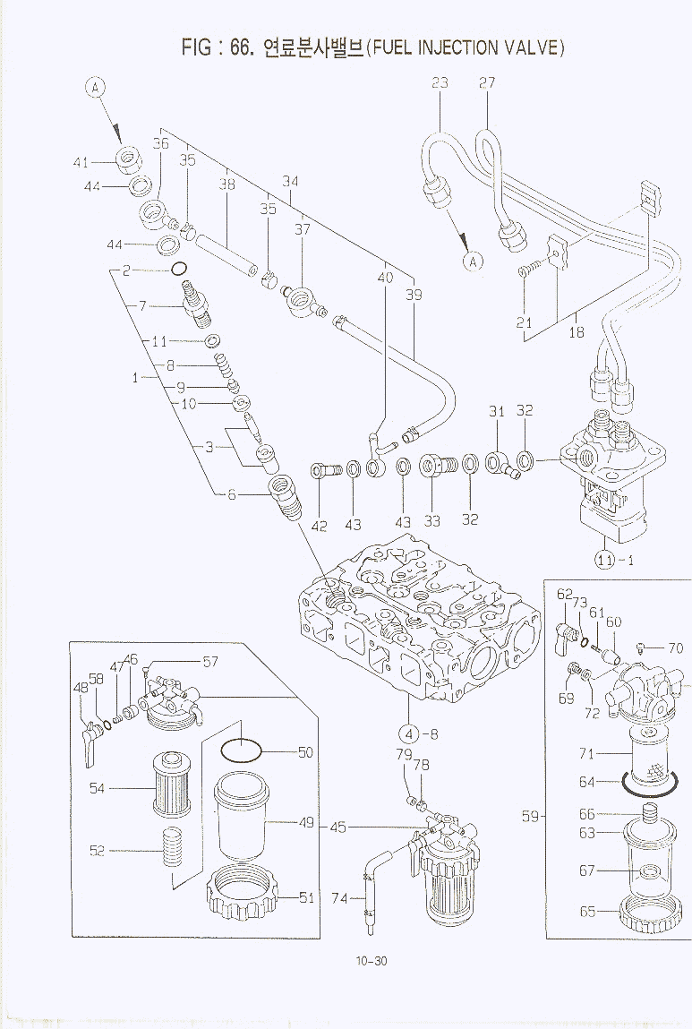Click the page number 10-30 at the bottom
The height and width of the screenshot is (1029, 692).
pyautogui.click(x=372, y=962)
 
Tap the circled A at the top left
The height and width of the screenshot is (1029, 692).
pyautogui.click(x=96, y=87)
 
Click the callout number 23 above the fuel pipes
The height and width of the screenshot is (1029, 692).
pyautogui.click(x=440, y=82)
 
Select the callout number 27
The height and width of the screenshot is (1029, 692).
pyautogui.click(x=487, y=82)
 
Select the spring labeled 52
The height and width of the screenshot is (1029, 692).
pyautogui.click(x=173, y=850)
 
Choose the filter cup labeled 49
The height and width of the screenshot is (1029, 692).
pyautogui.click(x=241, y=819)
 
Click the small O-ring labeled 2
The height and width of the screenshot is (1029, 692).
pyautogui.click(x=178, y=269)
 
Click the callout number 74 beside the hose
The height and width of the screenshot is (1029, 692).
pyautogui.click(x=340, y=898)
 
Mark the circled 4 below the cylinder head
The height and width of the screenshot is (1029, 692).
pyautogui.click(x=408, y=735)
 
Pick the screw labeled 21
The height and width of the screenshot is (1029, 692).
pyautogui.click(x=529, y=269)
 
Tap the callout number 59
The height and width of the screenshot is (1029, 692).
pyautogui.click(x=531, y=817)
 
